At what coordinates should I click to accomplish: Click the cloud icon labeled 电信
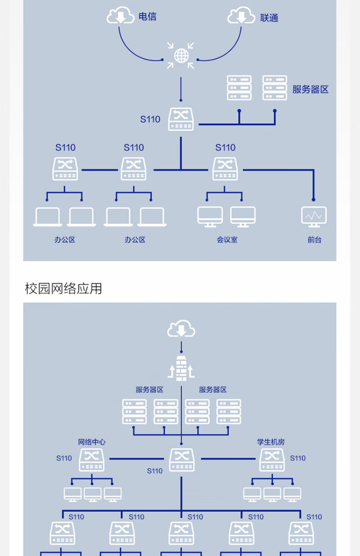[x=120, y=17]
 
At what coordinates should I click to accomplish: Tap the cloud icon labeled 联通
[x=242, y=17]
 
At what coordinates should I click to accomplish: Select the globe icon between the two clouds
[x=181, y=56]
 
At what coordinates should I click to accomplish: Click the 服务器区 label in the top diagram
[x=310, y=89]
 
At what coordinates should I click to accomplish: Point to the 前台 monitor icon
[x=314, y=215]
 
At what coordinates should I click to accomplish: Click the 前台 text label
[x=315, y=240]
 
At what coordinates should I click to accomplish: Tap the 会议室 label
[x=226, y=240]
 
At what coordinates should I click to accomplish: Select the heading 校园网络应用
[x=63, y=288]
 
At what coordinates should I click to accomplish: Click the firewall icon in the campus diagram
[x=181, y=368]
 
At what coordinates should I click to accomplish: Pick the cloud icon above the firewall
[x=181, y=330]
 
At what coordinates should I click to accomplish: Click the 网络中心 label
[x=92, y=442]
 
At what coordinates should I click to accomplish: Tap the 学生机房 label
[x=271, y=442]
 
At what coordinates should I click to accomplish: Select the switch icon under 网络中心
[x=92, y=460]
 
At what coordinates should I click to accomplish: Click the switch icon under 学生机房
[x=272, y=460]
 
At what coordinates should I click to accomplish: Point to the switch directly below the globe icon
[x=181, y=119]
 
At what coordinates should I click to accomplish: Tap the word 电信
[x=148, y=17]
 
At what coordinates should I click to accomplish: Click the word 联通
[x=269, y=18]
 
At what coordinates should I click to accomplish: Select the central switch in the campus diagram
[x=182, y=460]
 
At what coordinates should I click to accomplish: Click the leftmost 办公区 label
[x=65, y=240]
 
